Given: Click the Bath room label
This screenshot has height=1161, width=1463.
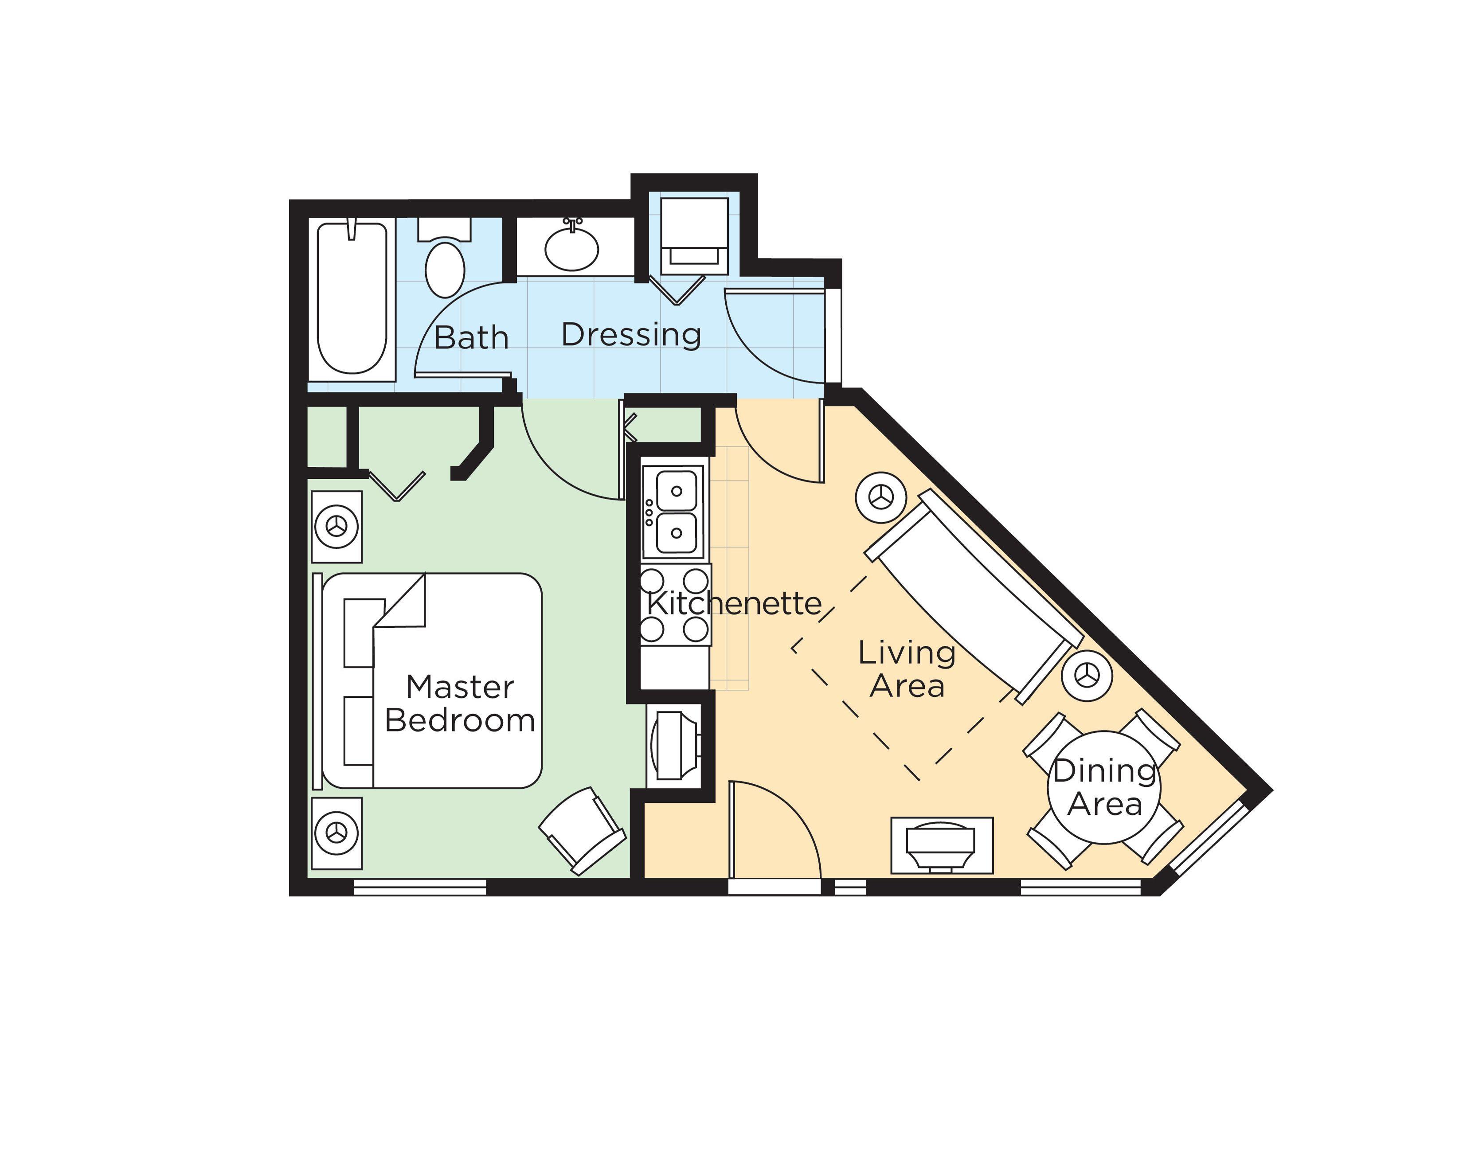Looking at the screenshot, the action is coord(471,337).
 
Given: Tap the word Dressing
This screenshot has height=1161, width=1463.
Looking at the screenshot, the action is coord(631,335).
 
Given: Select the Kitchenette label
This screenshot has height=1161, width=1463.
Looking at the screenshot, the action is coord(734,603).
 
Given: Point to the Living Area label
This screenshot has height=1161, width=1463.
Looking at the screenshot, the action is coord(907,669).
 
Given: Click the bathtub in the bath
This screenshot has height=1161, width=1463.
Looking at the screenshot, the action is coord(352,298).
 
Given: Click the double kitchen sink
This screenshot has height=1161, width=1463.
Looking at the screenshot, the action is coord(676,512).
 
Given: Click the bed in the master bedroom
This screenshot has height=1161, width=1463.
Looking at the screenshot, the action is coord(432,680).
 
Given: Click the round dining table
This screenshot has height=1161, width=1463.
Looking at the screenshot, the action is coord(1104,787).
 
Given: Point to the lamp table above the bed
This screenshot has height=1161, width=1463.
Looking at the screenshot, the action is coord(336,527).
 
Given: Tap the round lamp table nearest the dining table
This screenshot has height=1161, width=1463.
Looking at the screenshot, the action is coord(1087,676).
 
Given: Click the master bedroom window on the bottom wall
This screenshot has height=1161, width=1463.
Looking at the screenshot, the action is coord(420,887).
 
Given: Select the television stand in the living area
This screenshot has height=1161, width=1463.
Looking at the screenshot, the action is coord(942,845).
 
